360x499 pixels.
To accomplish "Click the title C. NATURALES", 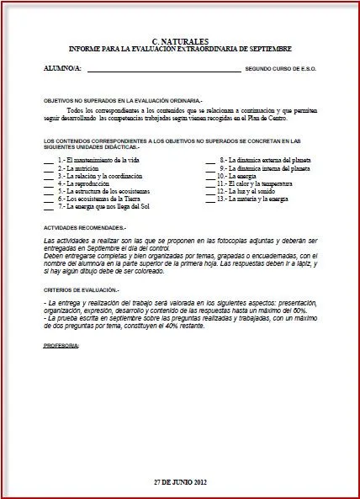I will (181, 40).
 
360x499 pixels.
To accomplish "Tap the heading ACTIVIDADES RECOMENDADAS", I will (85, 228).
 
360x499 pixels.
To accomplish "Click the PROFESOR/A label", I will (61, 345).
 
